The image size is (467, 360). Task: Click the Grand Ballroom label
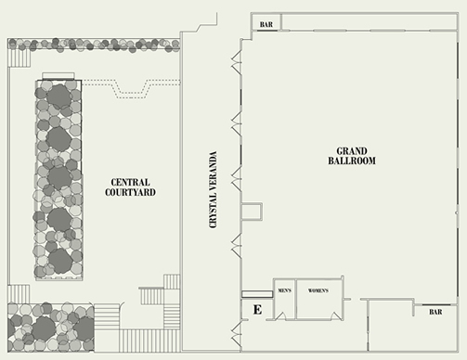pos(352,156)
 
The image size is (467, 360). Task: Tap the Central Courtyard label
pos(130,187)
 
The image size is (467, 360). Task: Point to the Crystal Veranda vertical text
pos(214,189)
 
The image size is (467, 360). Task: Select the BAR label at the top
pos(266,24)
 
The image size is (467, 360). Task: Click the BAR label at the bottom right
pos(435,312)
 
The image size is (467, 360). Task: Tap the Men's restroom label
pos(285,290)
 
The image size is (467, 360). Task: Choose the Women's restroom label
pos(318,290)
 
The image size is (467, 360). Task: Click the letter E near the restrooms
pos(257,309)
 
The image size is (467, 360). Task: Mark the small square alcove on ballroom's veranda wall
pos(252,212)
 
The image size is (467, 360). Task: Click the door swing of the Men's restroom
pos(281,316)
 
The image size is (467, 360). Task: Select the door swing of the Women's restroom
pos(336,316)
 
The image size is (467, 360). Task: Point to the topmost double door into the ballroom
pos(237,62)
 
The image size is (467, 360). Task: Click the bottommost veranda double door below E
pos(237,333)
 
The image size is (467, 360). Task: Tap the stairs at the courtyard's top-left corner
pos(19,58)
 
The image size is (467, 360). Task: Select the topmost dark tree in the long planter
pos(58,96)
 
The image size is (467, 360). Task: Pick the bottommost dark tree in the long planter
pos(60,261)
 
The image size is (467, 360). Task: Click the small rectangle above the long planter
pos(58,76)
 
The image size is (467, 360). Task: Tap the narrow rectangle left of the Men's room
pos(257,294)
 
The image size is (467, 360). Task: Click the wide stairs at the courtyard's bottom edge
pos(149,341)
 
